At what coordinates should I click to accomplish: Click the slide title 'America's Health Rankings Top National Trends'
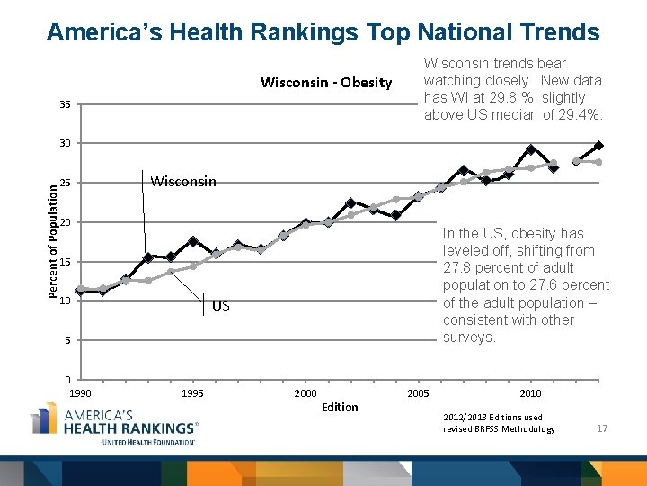coord(323,32)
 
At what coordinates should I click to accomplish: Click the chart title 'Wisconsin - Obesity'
coord(326,83)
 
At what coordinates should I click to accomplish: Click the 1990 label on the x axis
coord(80,393)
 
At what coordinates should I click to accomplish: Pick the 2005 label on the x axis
coord(418,393)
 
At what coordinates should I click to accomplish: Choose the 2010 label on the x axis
coord(530,393)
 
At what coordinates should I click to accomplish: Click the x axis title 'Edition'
coord(340,408)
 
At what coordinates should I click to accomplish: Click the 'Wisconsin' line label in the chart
coord(183,182)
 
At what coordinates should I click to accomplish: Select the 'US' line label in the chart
coord(221,306)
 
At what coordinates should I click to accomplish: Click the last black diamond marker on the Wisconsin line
coord(598,146)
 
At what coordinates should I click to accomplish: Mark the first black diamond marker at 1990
coord(80,291)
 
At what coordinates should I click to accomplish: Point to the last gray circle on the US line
coord(598,162)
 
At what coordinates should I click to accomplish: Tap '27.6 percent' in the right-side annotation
coord(571,285)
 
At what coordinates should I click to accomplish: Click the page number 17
coord(602,428)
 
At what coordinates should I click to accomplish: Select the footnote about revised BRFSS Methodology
coord(499,423)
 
